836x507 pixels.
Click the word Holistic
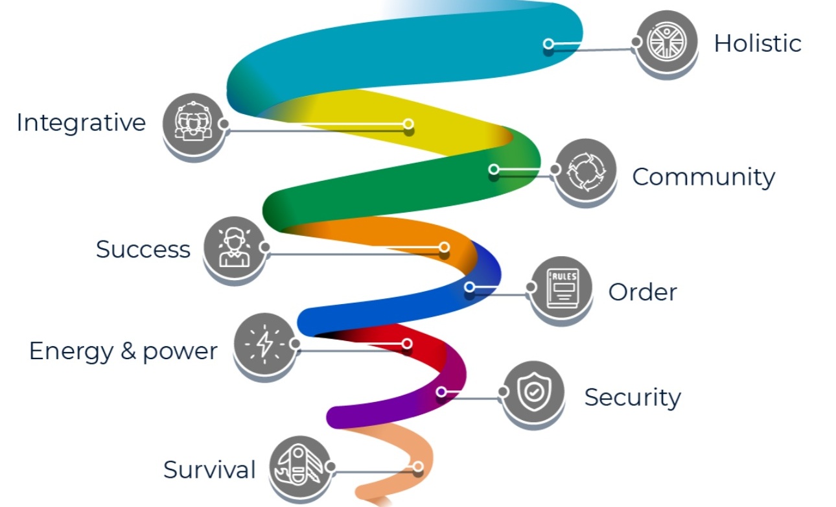pyautogui.click(x=757, y=43)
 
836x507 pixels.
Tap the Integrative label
pyautogui.click(x=81, y=123)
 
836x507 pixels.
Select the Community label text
pyautogui.click(x=703, y=176)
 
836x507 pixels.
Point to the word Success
pyautogui.click(x=143, y=249)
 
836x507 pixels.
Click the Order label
pyautogui.click(x=642, y=292)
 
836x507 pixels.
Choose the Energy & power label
pyautogui.click(x=123, y=351)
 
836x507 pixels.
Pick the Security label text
pyautogui.click(x=632, y=397)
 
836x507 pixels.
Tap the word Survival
pyautogui.click(x=209, y=469)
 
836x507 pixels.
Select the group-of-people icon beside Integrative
pyautogui.click(x=192, y=123)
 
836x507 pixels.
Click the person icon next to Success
pyautogui.click(x=234, y=247)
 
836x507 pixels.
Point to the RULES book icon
pyautogui.click(x=561, y=288)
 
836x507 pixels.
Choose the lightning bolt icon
pyautogui.click(x=264, y=343)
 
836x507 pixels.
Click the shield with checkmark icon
pyautogui.click(x=533, y=392)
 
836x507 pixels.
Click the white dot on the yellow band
pyautogui.click(x=408, y=124)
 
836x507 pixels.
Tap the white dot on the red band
pyautogui.click(x=407, y=344)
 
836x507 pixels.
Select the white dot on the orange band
pyautogui.click(x=444, y=247)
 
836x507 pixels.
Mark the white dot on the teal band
pyautogui.click(x=548, y=44)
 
